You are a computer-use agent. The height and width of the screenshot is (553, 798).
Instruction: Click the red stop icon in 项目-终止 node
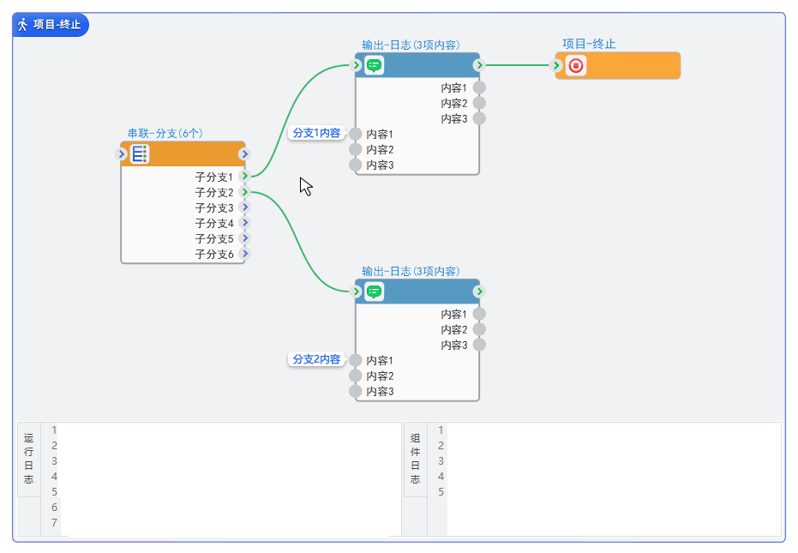[x=576, y=65]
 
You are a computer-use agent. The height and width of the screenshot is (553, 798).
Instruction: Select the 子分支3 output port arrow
[x=245, y=207]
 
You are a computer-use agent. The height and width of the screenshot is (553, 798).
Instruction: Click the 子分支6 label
[x=214, y=254]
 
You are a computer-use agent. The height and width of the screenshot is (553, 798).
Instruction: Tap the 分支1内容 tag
[x=316, y=133]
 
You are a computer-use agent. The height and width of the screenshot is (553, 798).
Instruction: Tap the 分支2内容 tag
[x=316, y=359]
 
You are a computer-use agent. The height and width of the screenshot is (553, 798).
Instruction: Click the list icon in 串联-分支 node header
[x=139, y=154]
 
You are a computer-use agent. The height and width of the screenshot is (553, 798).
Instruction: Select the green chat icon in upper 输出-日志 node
[x=374, y=65]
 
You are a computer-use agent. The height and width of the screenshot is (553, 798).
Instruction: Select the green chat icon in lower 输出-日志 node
[x=374, y=292]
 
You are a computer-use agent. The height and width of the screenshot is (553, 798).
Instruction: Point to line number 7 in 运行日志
[x=54, y=522]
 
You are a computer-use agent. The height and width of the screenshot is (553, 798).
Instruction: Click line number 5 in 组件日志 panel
[x=441, y=491]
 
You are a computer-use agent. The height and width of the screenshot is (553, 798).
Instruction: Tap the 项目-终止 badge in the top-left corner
[x=51, y=25]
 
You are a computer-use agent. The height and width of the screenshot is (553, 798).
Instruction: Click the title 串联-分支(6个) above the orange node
[x=165, y=133]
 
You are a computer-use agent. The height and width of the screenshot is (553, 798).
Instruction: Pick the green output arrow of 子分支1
[x=245, y=176]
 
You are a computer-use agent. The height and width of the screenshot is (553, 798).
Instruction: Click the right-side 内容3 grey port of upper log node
[x=479, y=118]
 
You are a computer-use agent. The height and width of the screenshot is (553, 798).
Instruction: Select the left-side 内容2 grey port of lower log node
[x=356, y=376]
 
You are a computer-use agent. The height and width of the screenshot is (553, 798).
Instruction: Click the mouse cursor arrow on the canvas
[x=305, y=186]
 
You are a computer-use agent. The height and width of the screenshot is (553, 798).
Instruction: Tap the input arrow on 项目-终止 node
[x=557, y=65]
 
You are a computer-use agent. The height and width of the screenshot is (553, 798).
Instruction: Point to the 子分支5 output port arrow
[x=245, y=238]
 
